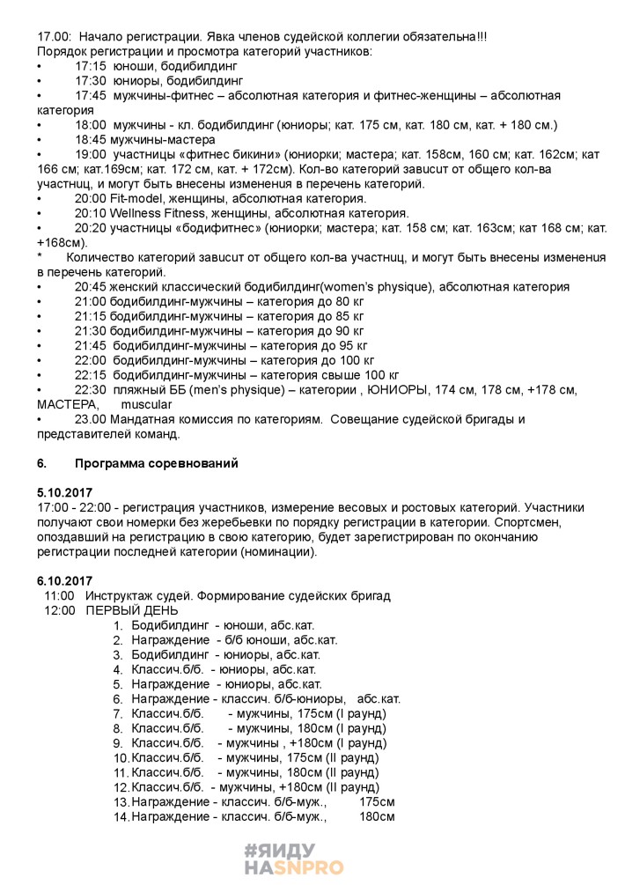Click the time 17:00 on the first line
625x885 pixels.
[x=52, y=37]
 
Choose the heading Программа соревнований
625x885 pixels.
[x=157, y=462]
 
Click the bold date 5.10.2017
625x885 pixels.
[x=65, y=492]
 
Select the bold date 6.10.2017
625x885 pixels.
[x=65, y=580]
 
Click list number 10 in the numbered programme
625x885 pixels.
[x=121, y=757]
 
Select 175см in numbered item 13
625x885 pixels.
[x=377, y=801]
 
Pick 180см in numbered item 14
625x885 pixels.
[x=377, y=816]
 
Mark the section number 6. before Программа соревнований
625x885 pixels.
[x=41, y=462]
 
